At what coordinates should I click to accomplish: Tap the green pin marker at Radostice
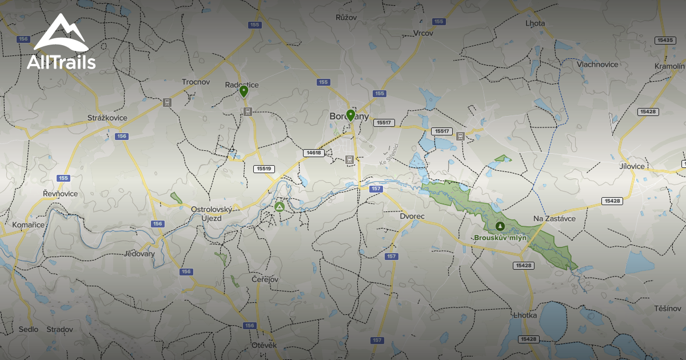244,91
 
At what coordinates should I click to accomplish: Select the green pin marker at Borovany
350,115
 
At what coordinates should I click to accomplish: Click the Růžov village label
346,18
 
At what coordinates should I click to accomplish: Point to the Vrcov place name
423,33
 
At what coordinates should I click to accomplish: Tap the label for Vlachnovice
597,64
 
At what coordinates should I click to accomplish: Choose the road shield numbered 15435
664,40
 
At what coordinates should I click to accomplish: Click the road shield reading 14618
314,153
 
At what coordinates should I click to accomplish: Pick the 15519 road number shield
264,169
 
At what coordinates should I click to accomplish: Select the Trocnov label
196,82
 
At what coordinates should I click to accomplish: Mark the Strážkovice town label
107,118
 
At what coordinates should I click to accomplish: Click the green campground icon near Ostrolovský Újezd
280,207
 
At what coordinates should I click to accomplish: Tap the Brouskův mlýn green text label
500,237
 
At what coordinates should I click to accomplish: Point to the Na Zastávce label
554,218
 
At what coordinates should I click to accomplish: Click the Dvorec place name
412,217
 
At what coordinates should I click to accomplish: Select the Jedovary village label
139,254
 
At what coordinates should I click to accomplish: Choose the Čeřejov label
265,279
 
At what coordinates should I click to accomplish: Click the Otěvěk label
264,346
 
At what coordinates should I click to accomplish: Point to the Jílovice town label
632,166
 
